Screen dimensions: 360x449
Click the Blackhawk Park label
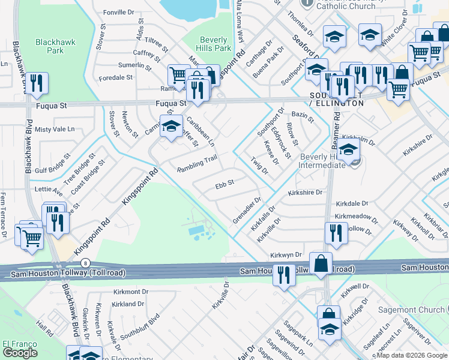pyautogui.click(x=50, y=46)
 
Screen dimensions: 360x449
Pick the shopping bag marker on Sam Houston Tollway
pyautogui.click(x=321, y=263)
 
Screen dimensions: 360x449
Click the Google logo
pyautogui.click(x=20, y=353)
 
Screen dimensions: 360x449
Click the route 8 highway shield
pyautogui.click(x=86, y=263)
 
